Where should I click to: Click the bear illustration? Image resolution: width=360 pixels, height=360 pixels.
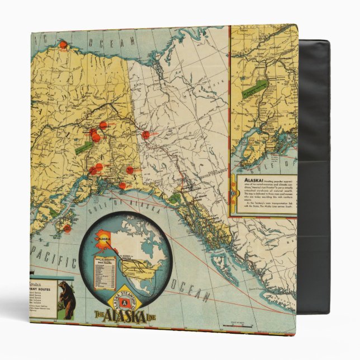67,300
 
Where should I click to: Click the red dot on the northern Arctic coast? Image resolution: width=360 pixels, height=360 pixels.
63,44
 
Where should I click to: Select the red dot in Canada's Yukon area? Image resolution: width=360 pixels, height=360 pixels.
146,135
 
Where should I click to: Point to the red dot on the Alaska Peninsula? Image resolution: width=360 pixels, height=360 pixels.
67,228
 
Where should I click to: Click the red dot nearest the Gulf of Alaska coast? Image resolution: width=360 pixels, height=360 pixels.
122,185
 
